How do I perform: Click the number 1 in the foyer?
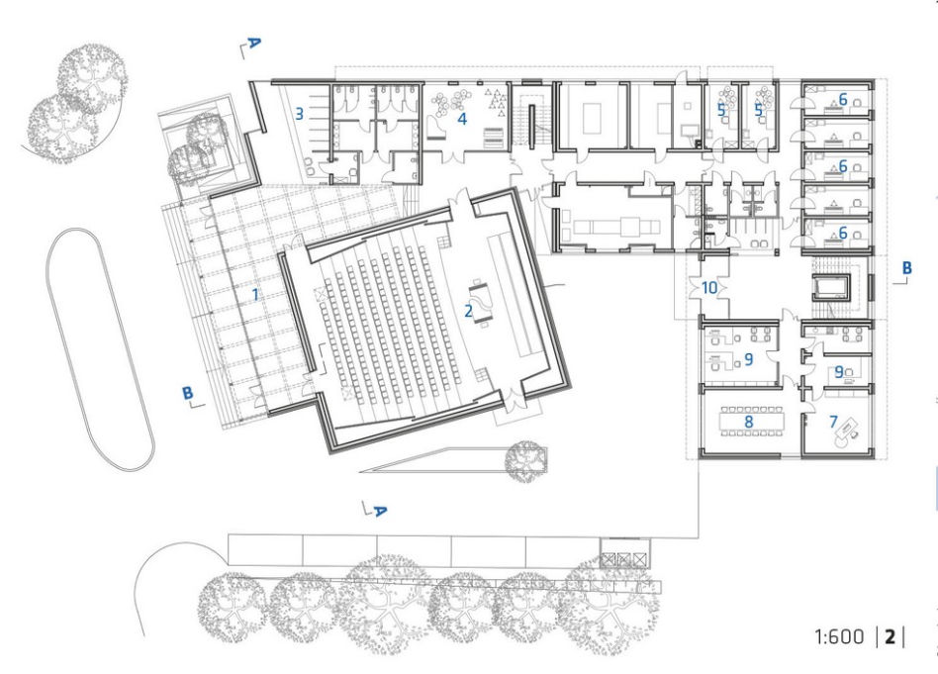click(256, 294)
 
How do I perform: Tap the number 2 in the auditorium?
click(469, 310)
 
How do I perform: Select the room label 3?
click(299, 113)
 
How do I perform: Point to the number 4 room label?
click(462, 119)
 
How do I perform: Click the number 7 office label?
click(833, 422)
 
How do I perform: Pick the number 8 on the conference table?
click(748, 422)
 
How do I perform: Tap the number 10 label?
click(708, 288)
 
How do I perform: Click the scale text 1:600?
click(839, 636)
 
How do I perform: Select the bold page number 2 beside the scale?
click(891, 636)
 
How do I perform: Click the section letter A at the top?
click(254, 43)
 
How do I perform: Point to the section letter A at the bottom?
click(379, 511)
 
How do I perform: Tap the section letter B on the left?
click(188, 393)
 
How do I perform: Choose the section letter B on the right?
click(907, 267)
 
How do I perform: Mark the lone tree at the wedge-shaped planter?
click(525, 461)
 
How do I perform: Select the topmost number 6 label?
click(843, 99)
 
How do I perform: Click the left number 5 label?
click(721, 110)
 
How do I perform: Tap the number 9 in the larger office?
click(748, 359)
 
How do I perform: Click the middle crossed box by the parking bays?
click(624, 559)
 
